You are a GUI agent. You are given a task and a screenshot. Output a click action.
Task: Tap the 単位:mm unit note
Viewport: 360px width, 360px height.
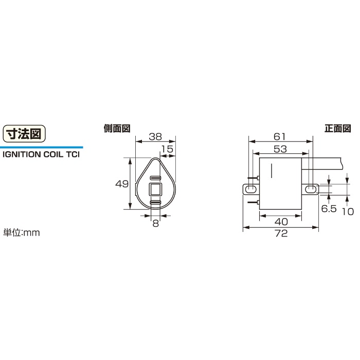click(x=22, y=232)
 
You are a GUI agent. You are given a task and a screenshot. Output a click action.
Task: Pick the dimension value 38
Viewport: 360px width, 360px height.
click(x=155, y=137)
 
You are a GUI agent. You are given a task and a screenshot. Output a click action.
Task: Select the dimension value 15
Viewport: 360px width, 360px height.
click(x=167, y=149)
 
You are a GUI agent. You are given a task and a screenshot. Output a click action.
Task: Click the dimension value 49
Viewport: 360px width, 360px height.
click(x=122, y=184)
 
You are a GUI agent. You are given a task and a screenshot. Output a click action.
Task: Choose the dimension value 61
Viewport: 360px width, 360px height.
click(x=280, y=137)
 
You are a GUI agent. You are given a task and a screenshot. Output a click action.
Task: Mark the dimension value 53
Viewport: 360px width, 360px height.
click(x=280, y=149)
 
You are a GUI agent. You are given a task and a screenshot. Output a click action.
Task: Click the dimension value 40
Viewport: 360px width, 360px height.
click(x=280, y=221)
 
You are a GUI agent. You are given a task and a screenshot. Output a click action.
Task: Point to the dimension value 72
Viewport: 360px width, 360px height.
click(x=280, y=233)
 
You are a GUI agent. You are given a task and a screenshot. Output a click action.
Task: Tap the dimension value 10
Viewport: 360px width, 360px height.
click(x=348, y=210)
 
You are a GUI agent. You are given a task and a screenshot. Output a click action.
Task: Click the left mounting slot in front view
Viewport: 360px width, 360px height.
click(x=251, y=190)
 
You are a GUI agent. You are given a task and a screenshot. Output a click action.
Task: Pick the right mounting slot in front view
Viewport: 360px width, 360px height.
click(x=310, y=190)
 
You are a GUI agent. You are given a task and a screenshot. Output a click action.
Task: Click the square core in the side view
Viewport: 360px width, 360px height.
click(x=155, y=190)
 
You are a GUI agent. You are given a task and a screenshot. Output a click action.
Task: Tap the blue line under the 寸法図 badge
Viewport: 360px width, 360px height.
click(x=41, y=147)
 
